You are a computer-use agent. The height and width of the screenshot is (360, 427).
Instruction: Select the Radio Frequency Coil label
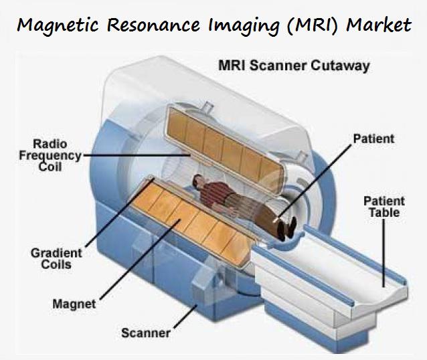click(x=56, y=155)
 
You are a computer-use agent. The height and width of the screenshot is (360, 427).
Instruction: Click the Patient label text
click(x=372, y=139)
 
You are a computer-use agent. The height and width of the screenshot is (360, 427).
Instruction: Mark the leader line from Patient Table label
click(x=383, y=254)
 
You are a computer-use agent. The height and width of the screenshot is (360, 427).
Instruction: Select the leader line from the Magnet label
click(x=134, y=268)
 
